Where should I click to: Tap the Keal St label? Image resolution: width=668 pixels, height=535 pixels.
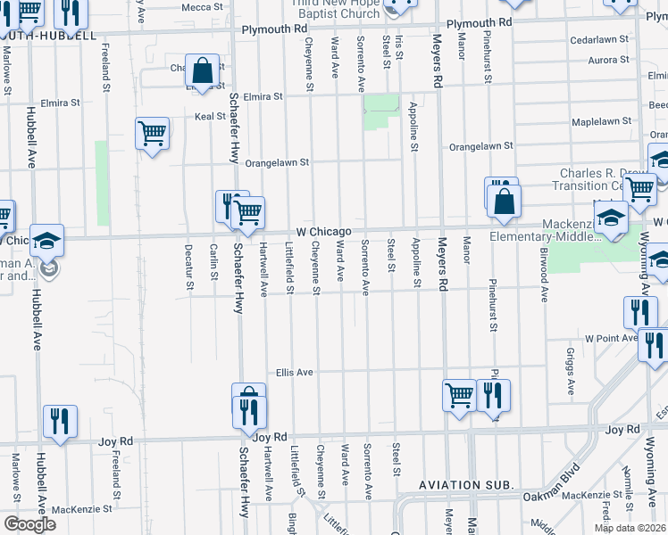pyautogui.click(x=210, y=116)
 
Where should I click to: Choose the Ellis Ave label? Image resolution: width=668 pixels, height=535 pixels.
pyautogui.click(x=294, y=372)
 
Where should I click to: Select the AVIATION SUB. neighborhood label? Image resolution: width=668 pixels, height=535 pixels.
pyautogui.click(x=467, y=484)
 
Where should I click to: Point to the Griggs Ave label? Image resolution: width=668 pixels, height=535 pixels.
pyautogui.click(x=570, y=371)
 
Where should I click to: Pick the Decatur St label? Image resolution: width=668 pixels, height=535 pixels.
pyautogui.click(x=188, y=267)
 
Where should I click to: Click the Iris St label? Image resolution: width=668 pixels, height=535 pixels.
pyautogui.click(x=398, y=48)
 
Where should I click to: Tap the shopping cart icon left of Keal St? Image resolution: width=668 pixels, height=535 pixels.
pyautogui.click(x=153, y=134)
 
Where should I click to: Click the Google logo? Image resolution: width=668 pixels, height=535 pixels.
pyautogui.click(x=29, y=524)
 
